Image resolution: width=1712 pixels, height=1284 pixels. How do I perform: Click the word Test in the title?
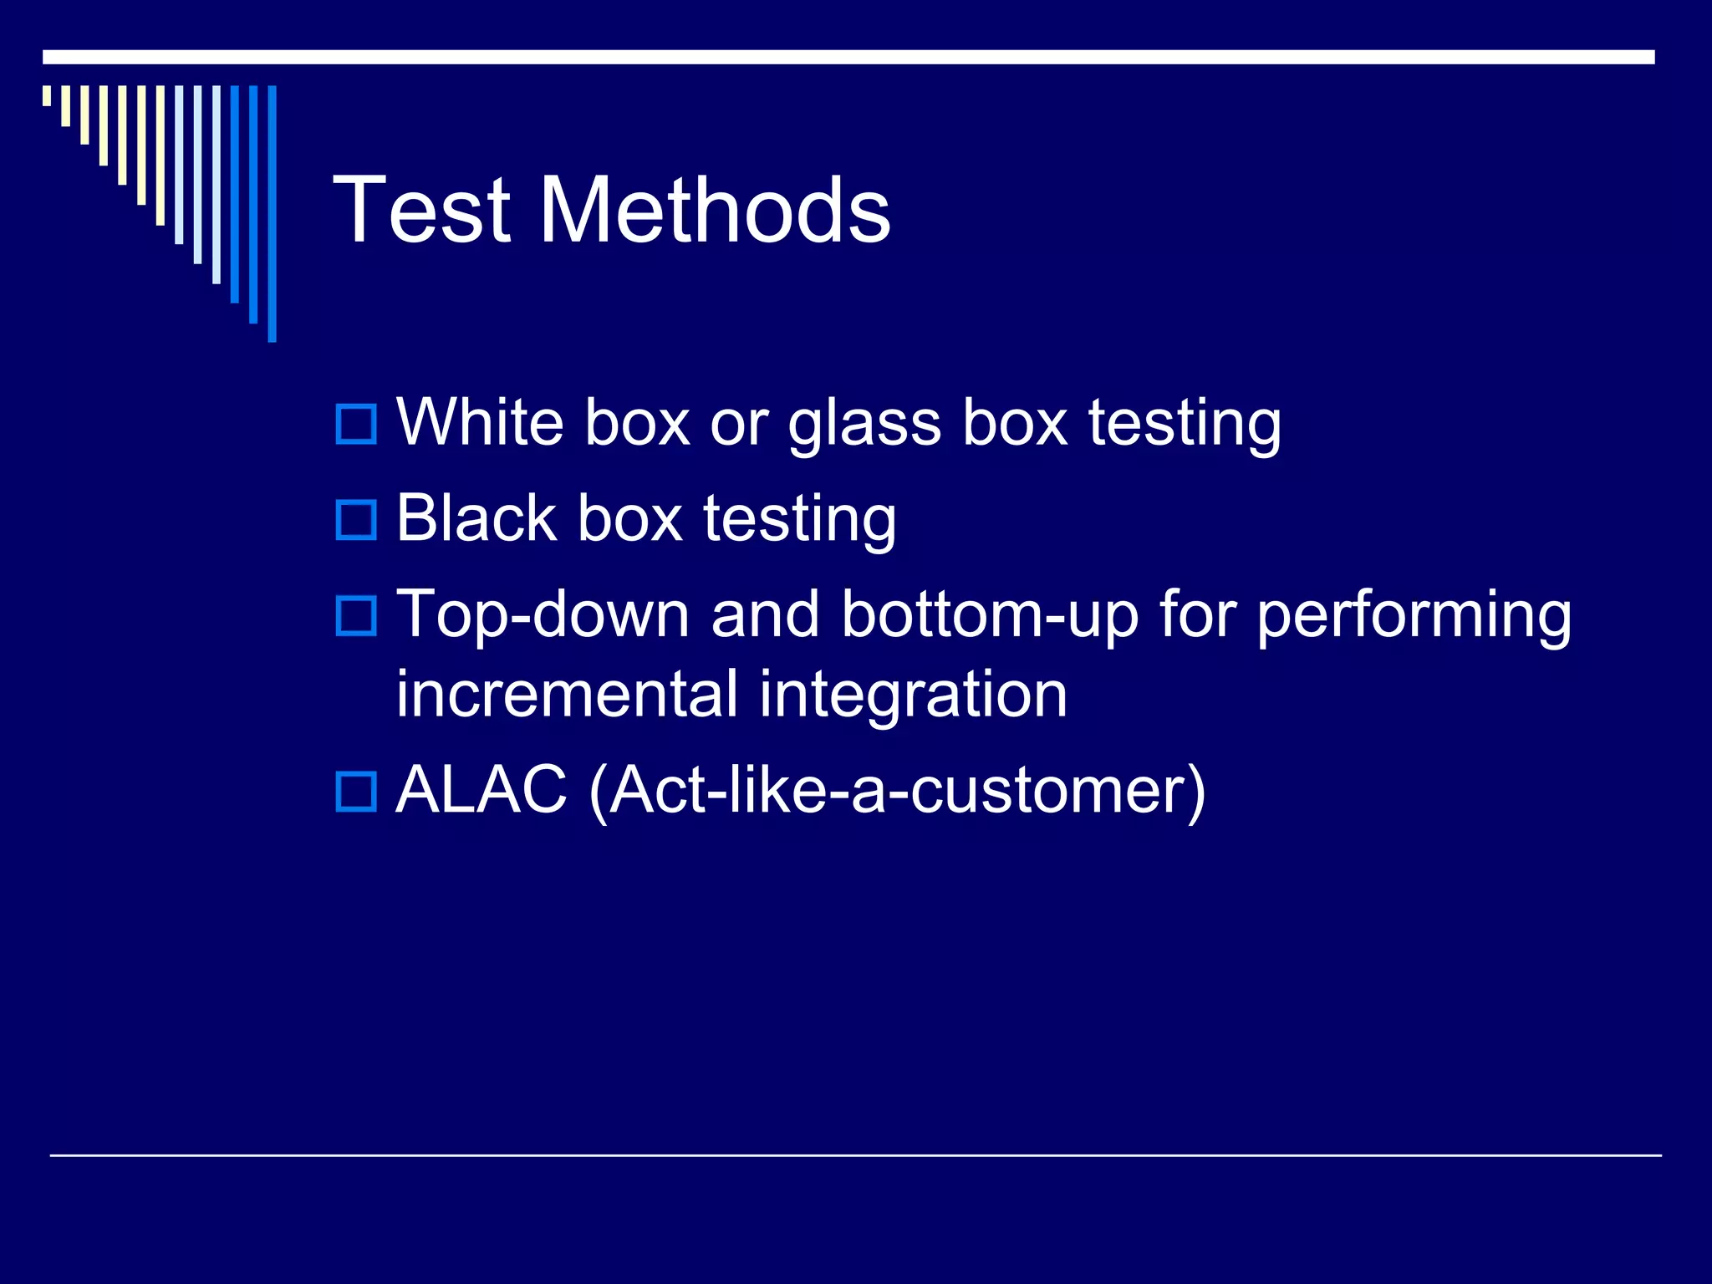point(422,211)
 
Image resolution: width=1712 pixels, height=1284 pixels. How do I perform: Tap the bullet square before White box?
point(356,424)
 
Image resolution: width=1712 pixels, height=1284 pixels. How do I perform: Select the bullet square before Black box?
point(356,519)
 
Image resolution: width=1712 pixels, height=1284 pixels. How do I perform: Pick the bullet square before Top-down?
point(356,615)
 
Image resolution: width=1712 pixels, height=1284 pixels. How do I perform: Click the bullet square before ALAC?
point(356,791)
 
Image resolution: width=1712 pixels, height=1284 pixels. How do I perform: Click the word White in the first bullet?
point(480,422)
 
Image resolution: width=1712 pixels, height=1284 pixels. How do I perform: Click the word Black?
point(476,518)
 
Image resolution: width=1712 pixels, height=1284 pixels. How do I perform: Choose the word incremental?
point(567,695)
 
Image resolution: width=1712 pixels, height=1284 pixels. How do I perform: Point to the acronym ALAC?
point(481,790)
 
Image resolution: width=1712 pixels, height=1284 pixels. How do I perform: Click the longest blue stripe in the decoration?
point(272,213)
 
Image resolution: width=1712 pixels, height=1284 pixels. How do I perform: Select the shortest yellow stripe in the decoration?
point(47,95)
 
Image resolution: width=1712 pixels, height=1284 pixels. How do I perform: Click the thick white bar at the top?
point(848,57)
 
